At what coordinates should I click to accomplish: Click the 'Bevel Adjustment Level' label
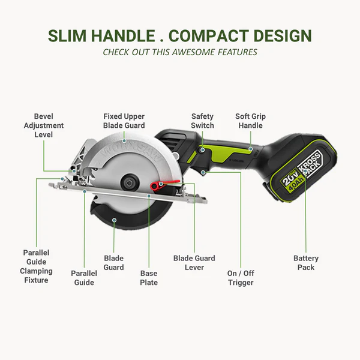coord(44,125)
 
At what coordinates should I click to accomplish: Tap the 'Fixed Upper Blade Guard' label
coord(124,121)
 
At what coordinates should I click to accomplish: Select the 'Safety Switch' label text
coord(202,121)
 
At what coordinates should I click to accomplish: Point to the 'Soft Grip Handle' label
coord(250,121)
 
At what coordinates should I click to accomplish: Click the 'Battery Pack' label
coord(306,263)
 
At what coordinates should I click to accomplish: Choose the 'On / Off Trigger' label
coord(241,278)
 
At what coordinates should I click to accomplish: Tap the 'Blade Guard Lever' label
coord(194,263)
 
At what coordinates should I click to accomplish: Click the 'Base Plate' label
coord(149,278)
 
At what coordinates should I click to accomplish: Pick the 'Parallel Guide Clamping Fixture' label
coord(36,266)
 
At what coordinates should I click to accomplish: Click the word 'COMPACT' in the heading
coord(209,36)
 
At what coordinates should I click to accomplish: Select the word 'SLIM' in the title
coord(67,36)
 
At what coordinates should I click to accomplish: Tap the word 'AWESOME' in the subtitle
coord(194,52)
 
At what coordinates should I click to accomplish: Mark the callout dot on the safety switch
coord(203,150)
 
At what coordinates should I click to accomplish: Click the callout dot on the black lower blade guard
coord(114,220)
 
